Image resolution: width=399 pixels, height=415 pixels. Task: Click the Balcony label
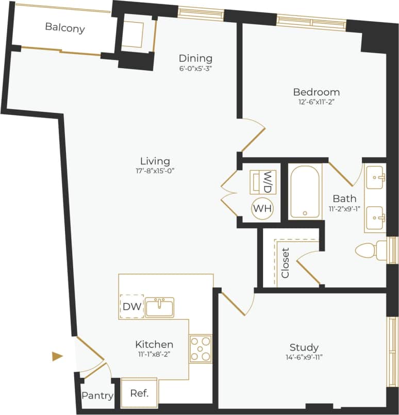click(x=65, y=27)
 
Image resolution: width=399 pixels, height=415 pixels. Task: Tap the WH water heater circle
click(x=262, y=208)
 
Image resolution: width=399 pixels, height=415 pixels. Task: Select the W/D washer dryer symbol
click(x=262, y=182)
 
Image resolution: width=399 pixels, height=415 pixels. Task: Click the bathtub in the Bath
click(x=305, y=191)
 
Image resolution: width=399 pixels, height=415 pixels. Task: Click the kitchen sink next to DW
click(x=159, y=307)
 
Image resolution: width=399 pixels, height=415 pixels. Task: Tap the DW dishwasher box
click(x=131, y=306)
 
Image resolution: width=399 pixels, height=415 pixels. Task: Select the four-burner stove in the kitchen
click(x=201, y=348)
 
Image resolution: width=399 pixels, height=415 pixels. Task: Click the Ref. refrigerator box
click(x=139, y=393)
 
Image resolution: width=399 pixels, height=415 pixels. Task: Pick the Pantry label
click(x=97, y=396)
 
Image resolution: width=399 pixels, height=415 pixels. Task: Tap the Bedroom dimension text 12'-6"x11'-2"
click(x=316, y=102)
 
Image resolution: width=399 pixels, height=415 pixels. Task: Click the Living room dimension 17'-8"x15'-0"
click(x=155, y=171)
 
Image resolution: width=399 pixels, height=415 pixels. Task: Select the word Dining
click(x=195, y=58)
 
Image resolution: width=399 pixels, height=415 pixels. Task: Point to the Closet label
click(x=285, y=263)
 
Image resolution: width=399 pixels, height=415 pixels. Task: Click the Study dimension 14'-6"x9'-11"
click(x=304, y=357)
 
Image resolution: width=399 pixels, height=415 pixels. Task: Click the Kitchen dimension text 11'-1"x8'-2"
click(x=154, y=354)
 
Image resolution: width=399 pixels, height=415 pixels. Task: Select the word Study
click(x=304, y=347)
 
